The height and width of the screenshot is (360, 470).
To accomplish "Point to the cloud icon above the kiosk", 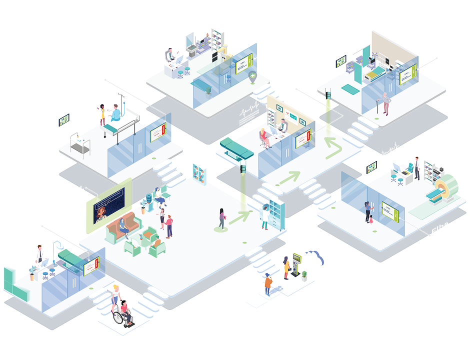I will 312,257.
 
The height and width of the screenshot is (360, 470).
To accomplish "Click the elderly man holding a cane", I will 385,103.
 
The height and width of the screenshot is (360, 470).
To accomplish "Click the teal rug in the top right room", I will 350,89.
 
